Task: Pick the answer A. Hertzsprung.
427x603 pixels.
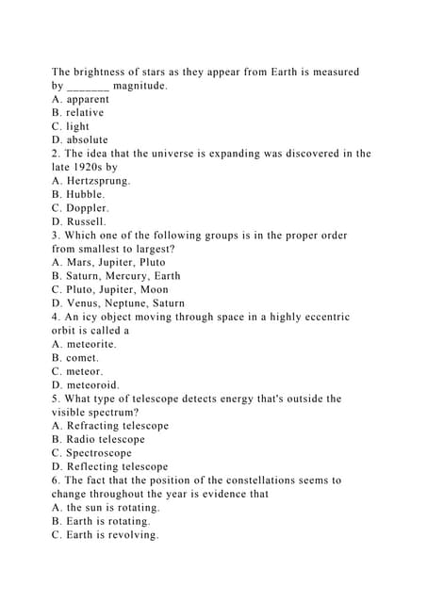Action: (x=91, y=181)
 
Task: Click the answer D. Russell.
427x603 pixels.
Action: (x=79, y=222)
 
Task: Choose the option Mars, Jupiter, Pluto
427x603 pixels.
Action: (x=108, y=263)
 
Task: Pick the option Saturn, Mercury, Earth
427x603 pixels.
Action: (x=116, y=276)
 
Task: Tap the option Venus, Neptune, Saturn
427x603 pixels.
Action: (x=118, y=303)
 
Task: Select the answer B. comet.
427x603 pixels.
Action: (x=75, y=358)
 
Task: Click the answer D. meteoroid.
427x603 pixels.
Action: (x=85, y=385)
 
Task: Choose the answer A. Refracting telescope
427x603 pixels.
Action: (x=110, y=426)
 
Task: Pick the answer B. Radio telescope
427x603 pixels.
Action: (x=98, y=439)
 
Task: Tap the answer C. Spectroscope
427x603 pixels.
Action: (x=91, y=453)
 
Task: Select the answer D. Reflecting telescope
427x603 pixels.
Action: (x=109, y=466)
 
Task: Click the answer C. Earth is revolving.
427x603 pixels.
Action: (x=106, y=535)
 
